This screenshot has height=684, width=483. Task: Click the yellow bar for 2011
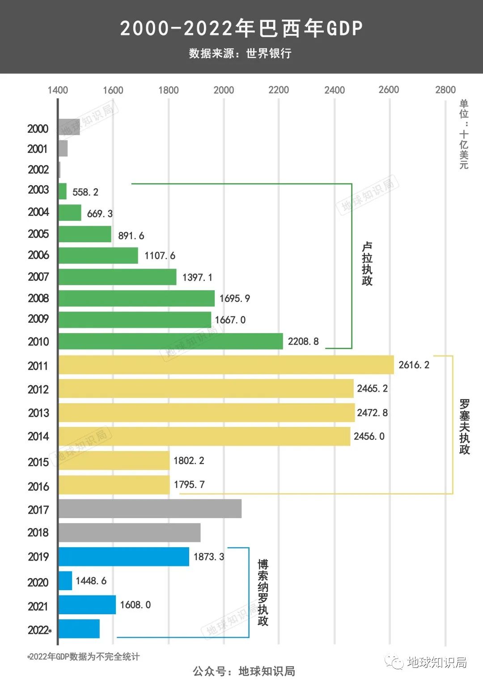click(x=226, y=365)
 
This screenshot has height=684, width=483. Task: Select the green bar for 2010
click(x=170, y=341)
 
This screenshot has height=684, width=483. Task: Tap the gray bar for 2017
click(x=150, y=509)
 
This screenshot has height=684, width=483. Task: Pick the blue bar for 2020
click(x=65, y=581)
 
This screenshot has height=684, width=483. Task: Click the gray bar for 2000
click(x=69, y=127)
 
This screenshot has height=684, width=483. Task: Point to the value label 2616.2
click(x=414, y=365)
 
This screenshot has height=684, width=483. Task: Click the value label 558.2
click(x=85, y=192)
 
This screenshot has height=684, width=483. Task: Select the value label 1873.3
click(x=209, y=557)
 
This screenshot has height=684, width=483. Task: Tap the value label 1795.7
click(x=189, y=485)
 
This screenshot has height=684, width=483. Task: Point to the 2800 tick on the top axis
click(x=445, y=90)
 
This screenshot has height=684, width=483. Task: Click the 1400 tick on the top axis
click(x=58, y=90)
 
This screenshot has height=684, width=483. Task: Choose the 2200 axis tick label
click(x=279, y=90)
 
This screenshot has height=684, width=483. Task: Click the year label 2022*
click(x=39, y=630)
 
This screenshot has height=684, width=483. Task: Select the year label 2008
click(x=38, y=298)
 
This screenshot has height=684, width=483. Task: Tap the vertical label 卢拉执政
click(x=367, y=264)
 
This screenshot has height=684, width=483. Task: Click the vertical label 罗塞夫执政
click(x=465, y=426)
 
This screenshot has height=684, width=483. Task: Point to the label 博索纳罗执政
click(x=263, y=592)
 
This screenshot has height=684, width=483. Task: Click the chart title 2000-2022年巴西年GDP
click(x=241, y=28)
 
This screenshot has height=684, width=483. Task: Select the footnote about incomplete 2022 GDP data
click(x=84, y=657)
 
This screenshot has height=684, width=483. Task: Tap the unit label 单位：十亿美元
click(x=464, y=134)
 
